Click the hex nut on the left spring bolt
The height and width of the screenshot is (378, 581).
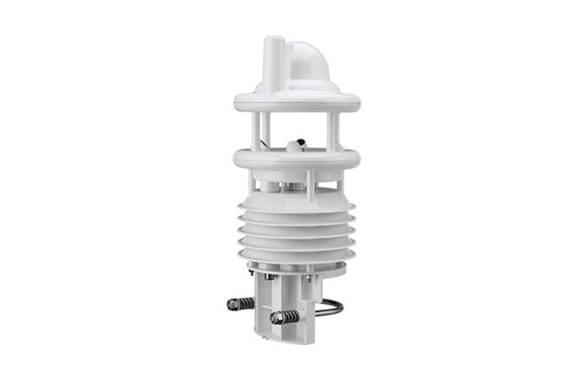232,303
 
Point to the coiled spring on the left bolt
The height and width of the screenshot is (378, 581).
246,303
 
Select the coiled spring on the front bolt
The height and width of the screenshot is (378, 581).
290,316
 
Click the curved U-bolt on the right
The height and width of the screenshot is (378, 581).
332,307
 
